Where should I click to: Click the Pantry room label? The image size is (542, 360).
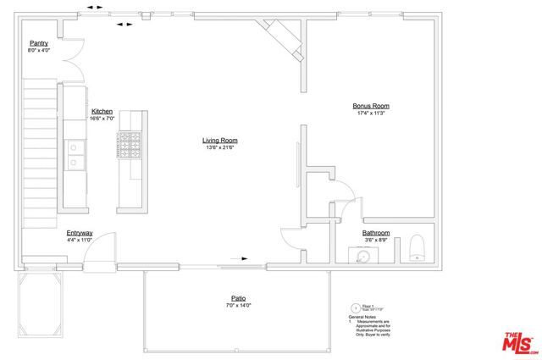(x=39, y=42)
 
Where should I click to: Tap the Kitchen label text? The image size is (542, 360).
(x=102, y=111)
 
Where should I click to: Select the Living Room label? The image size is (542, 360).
(x=218, y=140)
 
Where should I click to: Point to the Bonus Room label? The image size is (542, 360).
(x=371, y=106)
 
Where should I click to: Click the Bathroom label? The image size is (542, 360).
(x=376, y=233)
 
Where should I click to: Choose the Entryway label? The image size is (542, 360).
(x=80, y=233)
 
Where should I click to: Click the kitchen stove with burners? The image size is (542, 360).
(x=130, y=145)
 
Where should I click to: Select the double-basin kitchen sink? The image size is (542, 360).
(x=75, y=157)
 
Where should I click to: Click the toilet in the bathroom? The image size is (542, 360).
(x=417, y=247)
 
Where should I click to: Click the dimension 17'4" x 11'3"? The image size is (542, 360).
(x=371, y=114)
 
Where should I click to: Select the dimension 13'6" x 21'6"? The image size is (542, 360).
(x=218, y=147)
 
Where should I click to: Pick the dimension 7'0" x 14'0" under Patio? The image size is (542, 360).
(x=239, y=305)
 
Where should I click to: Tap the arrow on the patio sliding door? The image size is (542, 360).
(x=246, y=258)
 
